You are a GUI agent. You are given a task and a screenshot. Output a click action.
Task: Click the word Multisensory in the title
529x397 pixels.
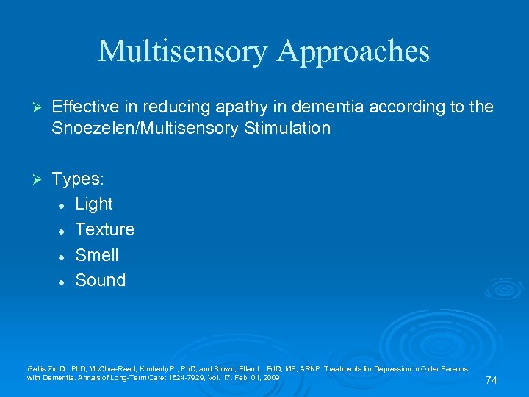point(182,51)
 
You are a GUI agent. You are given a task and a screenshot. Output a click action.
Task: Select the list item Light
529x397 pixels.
point(94,204)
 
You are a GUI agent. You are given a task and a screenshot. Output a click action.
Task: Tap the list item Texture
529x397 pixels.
point(105,229)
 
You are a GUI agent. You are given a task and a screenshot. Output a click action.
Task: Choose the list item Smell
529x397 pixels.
point(97,255)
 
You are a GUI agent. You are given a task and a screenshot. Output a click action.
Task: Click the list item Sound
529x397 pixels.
point(101,280)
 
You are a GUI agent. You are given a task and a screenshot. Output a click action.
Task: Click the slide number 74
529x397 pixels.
point(492,380)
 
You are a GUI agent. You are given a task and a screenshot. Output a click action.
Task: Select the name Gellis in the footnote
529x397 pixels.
point(35,368)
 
